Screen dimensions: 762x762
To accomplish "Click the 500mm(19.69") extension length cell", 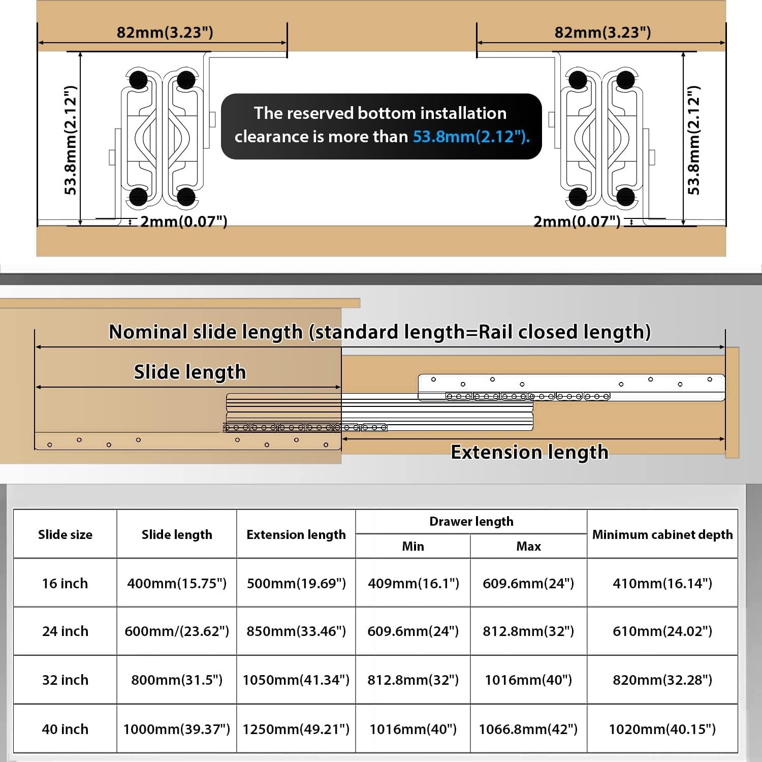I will (296, 583).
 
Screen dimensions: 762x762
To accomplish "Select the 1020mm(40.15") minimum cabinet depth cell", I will (662, 729).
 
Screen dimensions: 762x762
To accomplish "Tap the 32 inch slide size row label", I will (65, 680).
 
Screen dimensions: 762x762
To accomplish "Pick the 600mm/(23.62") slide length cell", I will (177, 631).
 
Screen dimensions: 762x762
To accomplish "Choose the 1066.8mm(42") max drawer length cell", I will (528, 729).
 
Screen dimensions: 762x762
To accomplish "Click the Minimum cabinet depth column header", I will (662, 534).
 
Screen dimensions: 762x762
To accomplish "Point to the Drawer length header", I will (471, 521).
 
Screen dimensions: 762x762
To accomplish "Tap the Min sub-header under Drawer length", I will (412, 546).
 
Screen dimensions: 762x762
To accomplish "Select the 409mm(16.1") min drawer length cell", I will (413, 583).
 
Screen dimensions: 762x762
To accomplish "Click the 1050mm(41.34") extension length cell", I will (296, 680).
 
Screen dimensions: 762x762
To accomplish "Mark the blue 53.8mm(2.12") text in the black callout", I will (471, 137).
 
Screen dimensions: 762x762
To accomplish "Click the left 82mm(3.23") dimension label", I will (165, 33).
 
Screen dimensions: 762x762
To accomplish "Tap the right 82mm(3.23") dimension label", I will (602, 33).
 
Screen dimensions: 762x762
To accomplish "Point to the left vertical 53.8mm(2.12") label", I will (71, 140).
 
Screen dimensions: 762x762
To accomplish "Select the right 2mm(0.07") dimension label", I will (577, 221).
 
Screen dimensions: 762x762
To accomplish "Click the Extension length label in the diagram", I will (529, 452).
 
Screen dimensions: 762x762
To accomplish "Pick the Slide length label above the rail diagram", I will (189, 372).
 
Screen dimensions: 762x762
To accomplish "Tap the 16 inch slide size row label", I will (65, 583).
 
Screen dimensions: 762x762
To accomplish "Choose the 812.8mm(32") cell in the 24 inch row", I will (528, 631).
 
